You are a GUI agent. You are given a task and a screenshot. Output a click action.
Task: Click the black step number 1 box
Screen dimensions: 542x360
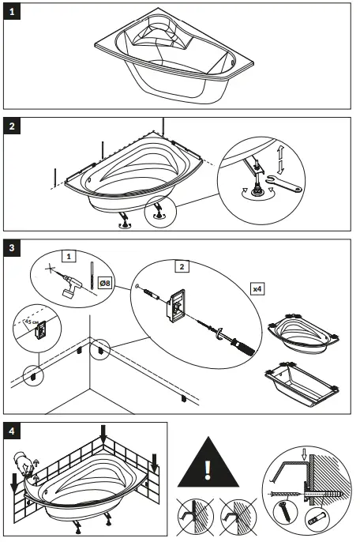[13, 13]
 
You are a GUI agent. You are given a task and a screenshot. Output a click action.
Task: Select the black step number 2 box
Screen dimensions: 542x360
[13, 127]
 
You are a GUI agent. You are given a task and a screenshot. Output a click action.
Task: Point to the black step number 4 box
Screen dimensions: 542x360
[13, 431]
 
